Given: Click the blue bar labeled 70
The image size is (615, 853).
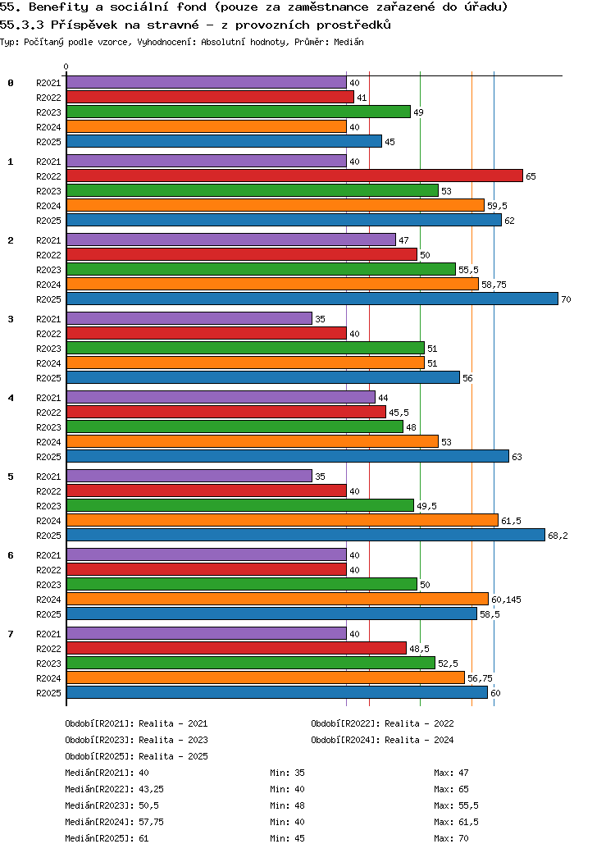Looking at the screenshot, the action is click(312, 299).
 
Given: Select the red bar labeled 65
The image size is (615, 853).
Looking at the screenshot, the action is click(294, 176).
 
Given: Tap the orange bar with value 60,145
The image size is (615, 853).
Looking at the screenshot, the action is click(277, 599).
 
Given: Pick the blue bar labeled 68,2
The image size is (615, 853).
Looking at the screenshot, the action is click(306, 536).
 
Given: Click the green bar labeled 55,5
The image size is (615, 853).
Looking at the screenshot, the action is click(261, 269).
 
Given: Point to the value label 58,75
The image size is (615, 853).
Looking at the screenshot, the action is click(494, 285).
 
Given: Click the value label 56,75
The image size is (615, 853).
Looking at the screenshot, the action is click(481, 678).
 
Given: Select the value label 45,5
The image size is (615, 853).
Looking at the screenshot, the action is click(399, 413).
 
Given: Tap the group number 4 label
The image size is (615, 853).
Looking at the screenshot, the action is click(11, 398).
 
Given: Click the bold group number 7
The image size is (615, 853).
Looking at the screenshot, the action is click(11, 634).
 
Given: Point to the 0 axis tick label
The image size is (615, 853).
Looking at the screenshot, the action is click(66, 67).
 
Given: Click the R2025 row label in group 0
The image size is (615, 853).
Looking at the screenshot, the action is click(48, 142).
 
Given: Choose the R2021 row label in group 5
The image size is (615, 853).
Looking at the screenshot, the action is click(48, 477).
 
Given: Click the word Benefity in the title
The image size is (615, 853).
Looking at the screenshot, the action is click(58, 7).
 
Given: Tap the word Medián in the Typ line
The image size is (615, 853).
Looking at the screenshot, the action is click(348, 42).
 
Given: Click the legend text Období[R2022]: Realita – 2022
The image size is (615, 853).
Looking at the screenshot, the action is click(382, 723).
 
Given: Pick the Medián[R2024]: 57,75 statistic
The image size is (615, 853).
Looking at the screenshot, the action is click(114, 822).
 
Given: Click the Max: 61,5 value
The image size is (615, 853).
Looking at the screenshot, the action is click(456, 822).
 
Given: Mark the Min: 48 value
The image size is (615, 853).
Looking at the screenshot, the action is click(287, 805).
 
